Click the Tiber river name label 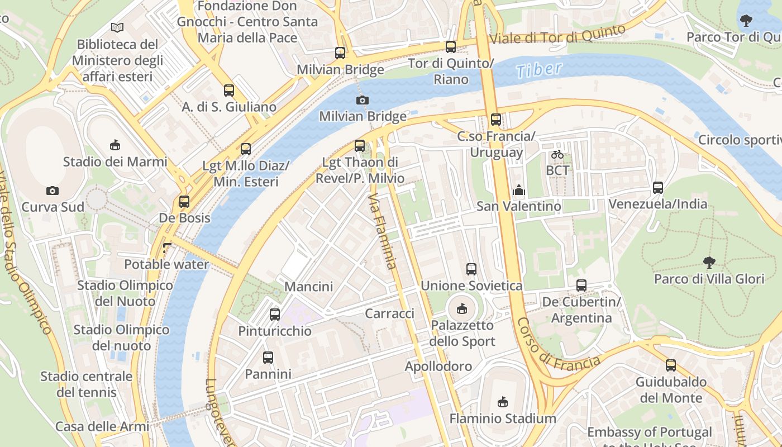[538, 70]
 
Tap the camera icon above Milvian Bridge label [362, 100]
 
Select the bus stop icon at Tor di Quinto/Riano [451, 47]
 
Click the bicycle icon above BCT [557, 154]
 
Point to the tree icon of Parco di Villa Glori [709, 262]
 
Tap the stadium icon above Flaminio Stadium [503, 401]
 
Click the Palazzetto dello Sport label [462, 333]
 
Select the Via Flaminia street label [384, 231]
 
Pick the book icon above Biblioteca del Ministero [117, 27]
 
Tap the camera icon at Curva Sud [53, 191]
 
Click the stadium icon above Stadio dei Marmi [115, 145]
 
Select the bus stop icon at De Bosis [184, 202]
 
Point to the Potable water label [166, 264]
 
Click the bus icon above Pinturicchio [274, 314]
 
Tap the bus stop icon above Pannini [268, 358]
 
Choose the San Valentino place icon [518, 191]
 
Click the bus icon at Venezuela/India [658, 188]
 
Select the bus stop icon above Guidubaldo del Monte [670, 365]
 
